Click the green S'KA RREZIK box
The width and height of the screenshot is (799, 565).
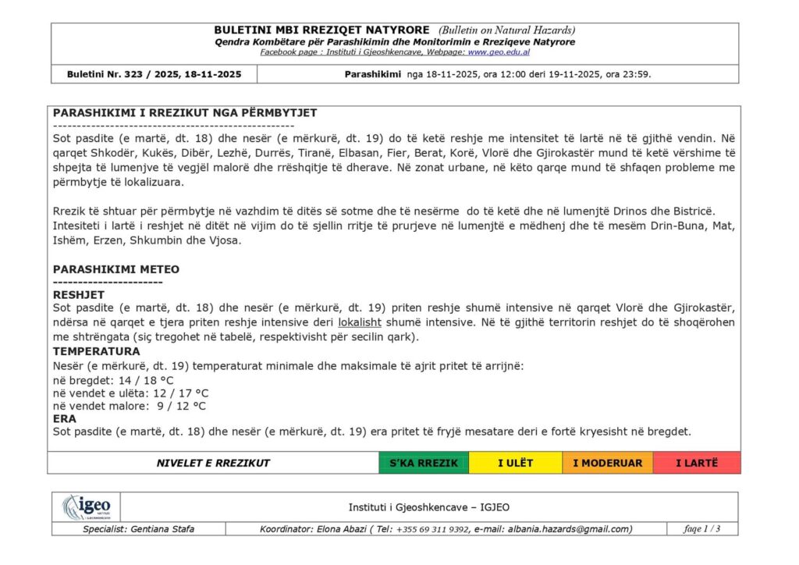tap(424, 463)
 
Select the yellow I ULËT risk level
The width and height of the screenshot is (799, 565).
tap(515, 463)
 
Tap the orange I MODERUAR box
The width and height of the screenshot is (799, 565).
tap(607, 463)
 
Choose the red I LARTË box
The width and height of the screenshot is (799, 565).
tap(696, 463)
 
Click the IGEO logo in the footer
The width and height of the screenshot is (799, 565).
tap(87, 507)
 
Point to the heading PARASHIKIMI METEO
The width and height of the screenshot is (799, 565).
tap(116, 269)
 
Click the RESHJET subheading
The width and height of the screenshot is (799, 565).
tap(79, 294)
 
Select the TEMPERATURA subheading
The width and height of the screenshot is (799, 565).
tap(97, 351)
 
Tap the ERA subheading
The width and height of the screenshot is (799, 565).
tap(65, 419)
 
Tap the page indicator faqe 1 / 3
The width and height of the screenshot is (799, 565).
tap(701, 529)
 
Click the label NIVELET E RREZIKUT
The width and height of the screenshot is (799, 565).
tap(213, 463)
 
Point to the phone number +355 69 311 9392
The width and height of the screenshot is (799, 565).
tap(432, 529)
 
